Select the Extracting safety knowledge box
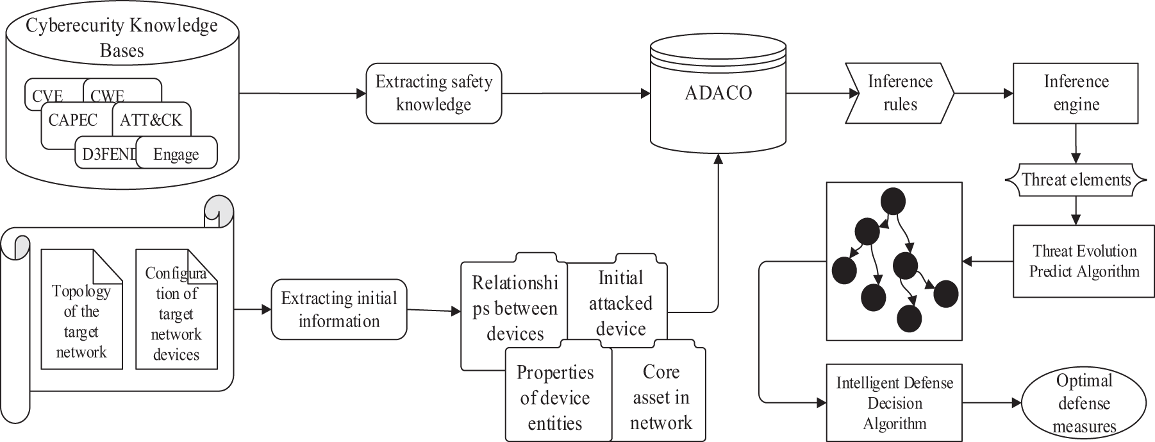[433, 93]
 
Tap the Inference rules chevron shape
[899, 93]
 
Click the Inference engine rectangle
[1076, 93]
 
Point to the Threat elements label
[1076, 180]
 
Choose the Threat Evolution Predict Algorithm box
[1084, 260]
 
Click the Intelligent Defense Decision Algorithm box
[894, 403]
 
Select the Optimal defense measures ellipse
[1084, 403]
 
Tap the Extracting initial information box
[339, 309]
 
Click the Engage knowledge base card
[176, 155]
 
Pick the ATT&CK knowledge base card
[151, 120]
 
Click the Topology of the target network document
[81, 321]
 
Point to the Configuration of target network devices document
[176, 314]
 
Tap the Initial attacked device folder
[620, 303]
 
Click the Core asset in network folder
[660, 397]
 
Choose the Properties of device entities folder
[555, 397]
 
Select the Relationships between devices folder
[515, 308]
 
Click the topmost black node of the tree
[893, 201]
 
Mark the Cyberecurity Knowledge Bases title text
[122, 38]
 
